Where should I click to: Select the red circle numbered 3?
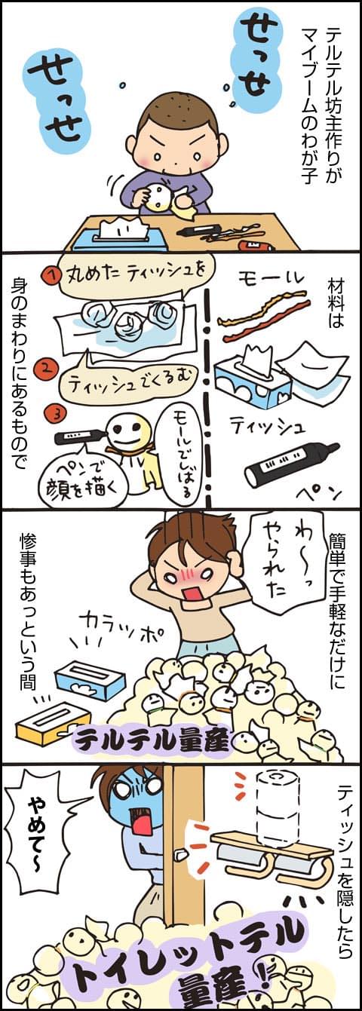click(57, 414)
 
